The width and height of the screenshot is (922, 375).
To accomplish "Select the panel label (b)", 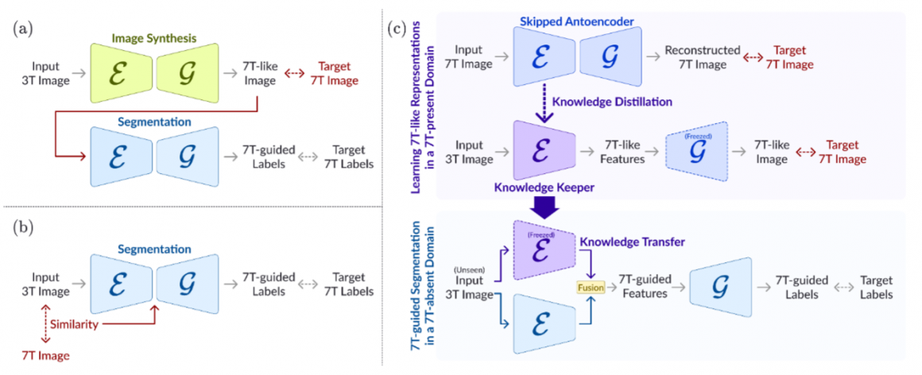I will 21,230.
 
